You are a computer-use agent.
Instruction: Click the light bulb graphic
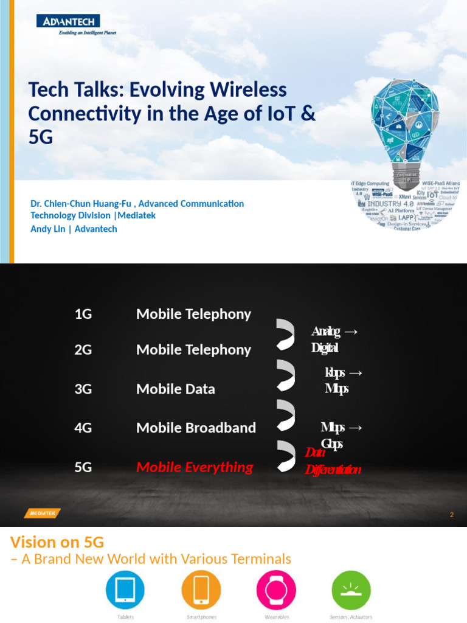tap(406, 131)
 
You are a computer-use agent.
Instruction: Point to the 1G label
tap(83, 314)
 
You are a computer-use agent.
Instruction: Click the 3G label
tap(83, 389)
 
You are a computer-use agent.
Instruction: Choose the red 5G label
tap(83, 467)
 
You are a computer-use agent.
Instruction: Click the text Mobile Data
tap(176, 389)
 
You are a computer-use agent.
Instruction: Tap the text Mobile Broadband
tap(196, 428)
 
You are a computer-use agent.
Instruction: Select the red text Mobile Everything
tap(195, 467)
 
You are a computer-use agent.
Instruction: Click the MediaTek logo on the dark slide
tap(42, 513)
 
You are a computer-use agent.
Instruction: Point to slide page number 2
tap(452, 515)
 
